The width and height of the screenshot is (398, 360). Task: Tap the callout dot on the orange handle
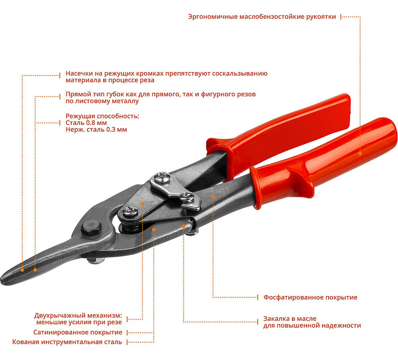pos(360,153)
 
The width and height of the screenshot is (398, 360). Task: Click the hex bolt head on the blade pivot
pos(91,230)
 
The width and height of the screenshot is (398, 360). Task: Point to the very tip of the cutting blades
pos(5,277)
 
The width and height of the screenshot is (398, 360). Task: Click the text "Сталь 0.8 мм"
pos(82,123)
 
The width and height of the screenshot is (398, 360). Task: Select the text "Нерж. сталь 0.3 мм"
pos(96,130)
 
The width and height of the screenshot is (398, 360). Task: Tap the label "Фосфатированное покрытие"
pos(310,297)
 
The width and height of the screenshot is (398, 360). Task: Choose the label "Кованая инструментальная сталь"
pos(67,342)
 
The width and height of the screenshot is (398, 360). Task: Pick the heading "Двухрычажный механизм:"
pos(78,315)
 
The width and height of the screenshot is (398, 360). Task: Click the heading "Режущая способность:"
pos(102,116)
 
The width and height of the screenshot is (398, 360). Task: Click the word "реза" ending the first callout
pos(146,80)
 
